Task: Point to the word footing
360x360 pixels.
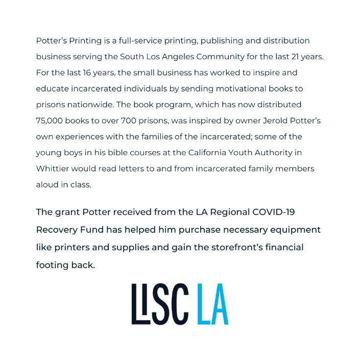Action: tap(53, 266)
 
